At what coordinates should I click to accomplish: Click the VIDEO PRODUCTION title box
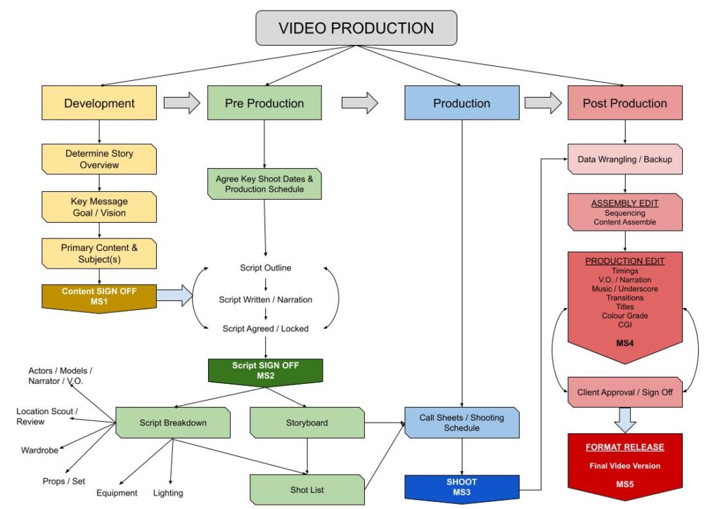pos(356,29)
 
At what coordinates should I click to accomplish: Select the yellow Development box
pos(99,103)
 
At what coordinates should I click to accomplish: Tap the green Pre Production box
pos(264,103)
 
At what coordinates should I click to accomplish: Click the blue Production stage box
pos(461,103)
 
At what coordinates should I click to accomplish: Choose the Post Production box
pos(624,103)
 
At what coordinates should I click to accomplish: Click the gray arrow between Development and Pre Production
pos(182,103)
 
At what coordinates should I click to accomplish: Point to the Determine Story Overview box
pos(99,159)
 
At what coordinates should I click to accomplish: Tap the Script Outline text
pos(264,268)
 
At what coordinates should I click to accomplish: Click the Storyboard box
pos(307,423)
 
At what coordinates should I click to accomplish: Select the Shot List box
pos(307,489)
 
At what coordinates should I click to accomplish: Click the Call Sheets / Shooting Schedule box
pos(461,423)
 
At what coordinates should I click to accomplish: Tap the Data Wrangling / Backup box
pos(624,159)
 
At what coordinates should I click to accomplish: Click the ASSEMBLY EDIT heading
pos(624,203)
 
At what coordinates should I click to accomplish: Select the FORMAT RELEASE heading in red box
pos(624,447)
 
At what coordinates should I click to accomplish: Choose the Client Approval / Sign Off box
pos(624,392)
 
